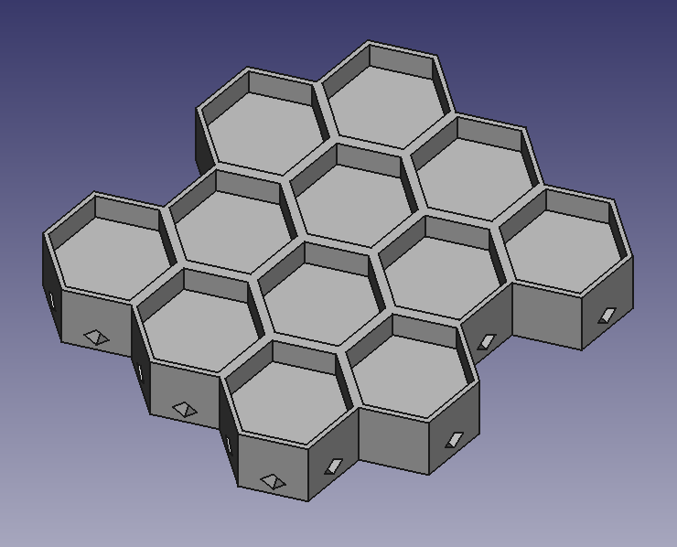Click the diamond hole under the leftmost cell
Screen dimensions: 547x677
(x=96, y=338)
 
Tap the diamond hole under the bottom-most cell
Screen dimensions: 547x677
(x=272, y=480)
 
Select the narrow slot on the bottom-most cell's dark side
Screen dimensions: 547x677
(x=228, y=445)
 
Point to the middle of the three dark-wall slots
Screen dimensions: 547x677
(x=140, y=373)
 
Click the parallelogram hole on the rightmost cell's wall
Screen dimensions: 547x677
(x=607, y=316)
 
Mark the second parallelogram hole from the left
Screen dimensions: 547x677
(x=454, y=441)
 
